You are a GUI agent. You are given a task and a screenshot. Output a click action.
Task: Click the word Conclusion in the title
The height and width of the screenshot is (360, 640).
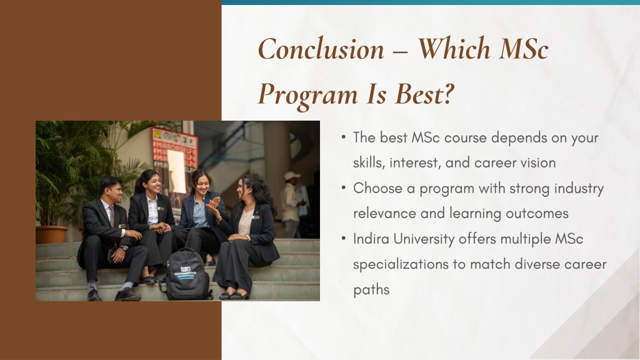click(321, 49)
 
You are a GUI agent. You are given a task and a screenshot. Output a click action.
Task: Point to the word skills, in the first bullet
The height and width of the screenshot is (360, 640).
click(369, 162)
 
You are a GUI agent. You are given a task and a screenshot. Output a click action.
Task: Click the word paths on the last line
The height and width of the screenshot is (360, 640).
click(371, 290)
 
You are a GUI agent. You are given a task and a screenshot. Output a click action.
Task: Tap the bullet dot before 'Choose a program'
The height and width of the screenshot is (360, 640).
click(344, 187)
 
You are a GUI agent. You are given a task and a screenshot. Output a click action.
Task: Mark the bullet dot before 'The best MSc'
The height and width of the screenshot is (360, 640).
click(344, 137)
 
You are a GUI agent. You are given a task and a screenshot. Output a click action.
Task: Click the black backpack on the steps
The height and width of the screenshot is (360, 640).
click(187, 275)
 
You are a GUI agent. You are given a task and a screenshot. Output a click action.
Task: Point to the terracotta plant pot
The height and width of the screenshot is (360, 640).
click(51, 234)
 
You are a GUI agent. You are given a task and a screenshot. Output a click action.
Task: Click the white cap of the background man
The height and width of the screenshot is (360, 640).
click(291, 176)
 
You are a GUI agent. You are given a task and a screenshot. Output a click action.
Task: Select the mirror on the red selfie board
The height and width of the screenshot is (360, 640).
click(177, 171)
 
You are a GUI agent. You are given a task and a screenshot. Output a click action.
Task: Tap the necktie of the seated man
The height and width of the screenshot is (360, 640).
click(111, 216)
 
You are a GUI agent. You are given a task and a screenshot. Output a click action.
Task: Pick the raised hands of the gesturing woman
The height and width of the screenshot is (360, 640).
click(214, 206)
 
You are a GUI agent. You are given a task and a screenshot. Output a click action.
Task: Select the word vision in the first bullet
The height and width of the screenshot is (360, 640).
click(538, 163)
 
